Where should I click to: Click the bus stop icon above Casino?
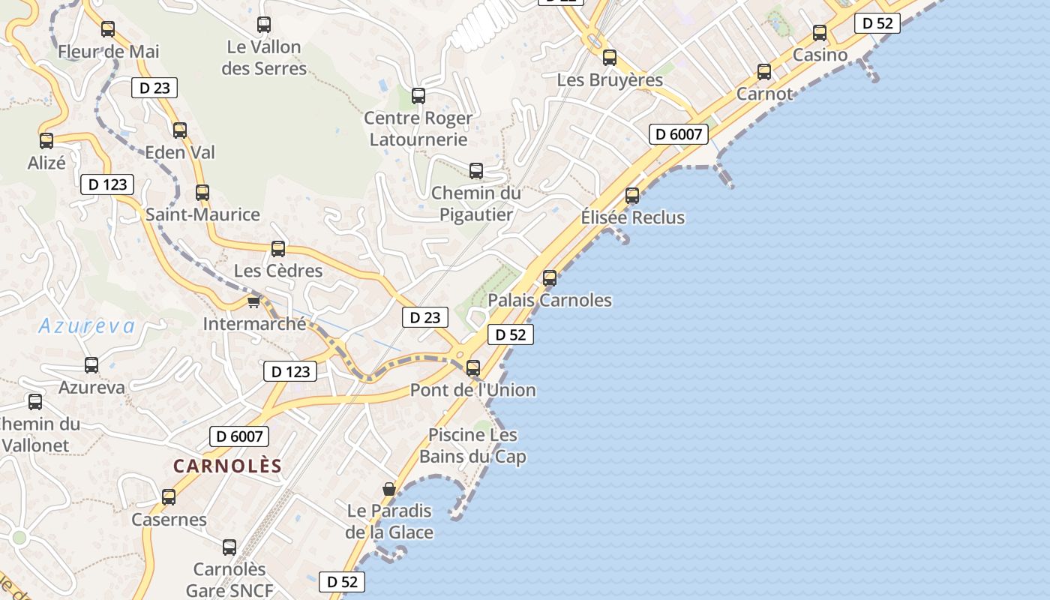point(820,33)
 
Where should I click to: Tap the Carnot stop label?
point(764,94)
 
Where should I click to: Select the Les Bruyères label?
point(610,79)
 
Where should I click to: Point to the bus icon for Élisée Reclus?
point(632,196)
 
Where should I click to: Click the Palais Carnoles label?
point(550,300)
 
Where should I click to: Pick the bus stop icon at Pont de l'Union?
point(472,368)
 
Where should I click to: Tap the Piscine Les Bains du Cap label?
point(472,445)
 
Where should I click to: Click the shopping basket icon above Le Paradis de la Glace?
point(388,489)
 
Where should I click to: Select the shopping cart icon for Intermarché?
point(253,301)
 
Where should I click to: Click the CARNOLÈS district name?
point(227,466)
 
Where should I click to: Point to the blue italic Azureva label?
point(87,325)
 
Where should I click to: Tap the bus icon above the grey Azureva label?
point(91,365)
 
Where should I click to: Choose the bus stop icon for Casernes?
point(169,496)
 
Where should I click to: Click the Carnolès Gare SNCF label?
point(229,580)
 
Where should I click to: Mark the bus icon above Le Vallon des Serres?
point(264,25)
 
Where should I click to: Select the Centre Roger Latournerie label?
point(418,128)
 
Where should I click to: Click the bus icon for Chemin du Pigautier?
point(476,171)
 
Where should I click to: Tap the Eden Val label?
point(180,152)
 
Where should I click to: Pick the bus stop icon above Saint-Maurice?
point(202,193)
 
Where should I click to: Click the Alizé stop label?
point(46,163)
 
